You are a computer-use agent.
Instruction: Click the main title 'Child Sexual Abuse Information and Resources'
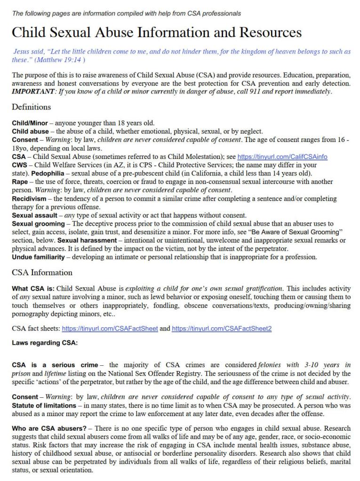(x=157, y=32)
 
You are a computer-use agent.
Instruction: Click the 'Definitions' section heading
(x=32, y=107)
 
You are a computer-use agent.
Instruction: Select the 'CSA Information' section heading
(x=42, y=272)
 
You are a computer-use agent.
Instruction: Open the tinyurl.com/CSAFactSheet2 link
(x=222, y=329)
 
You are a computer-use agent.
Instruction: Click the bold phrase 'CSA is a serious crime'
(x=55, y=364)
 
